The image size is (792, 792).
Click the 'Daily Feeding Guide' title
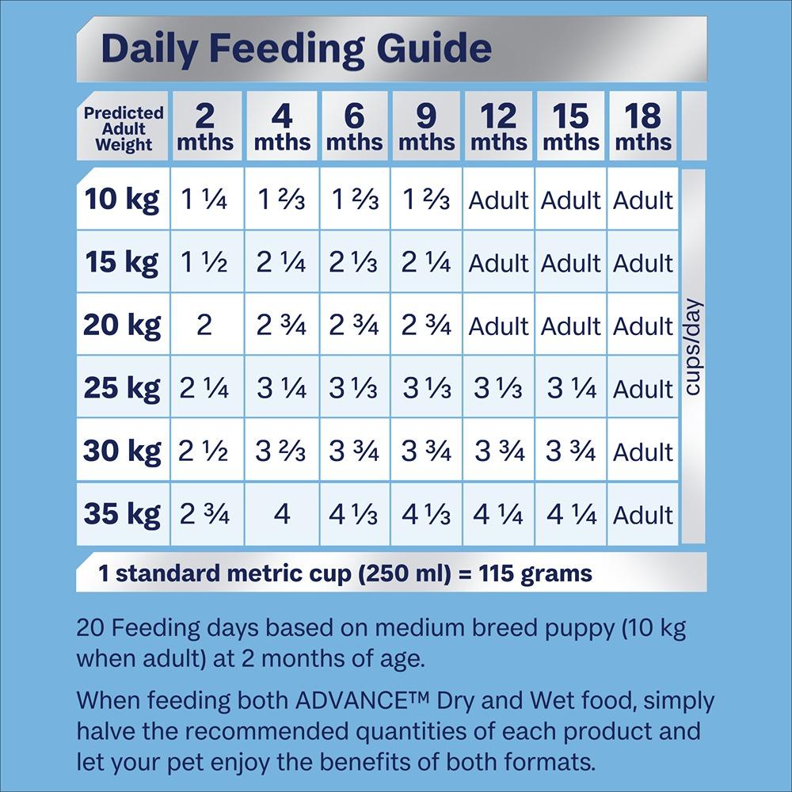coord(296,48)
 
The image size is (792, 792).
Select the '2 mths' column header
coord(205,127)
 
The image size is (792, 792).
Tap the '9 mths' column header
coord(426,127)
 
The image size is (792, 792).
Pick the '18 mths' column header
coord(643,127)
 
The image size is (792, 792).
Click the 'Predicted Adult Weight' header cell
coord(124,128)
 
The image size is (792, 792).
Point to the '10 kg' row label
coord(122,200)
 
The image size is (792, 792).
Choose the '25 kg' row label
coord(122,389)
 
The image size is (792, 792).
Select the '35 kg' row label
coord(122,514)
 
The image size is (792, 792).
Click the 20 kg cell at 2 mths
coord(204,326)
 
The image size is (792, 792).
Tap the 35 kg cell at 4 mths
coord(282,515)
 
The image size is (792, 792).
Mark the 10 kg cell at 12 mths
coord(498,200)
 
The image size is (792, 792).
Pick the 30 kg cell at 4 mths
coord(281,451)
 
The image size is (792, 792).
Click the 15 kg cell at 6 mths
coord(354,263)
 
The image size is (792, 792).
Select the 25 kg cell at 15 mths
coord(570,389)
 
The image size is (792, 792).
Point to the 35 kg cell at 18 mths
coord(643,516)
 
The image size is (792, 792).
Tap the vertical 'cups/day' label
coord(694,346)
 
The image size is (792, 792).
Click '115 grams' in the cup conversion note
coord(535,573)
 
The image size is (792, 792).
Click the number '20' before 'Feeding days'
coord(90,629)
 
